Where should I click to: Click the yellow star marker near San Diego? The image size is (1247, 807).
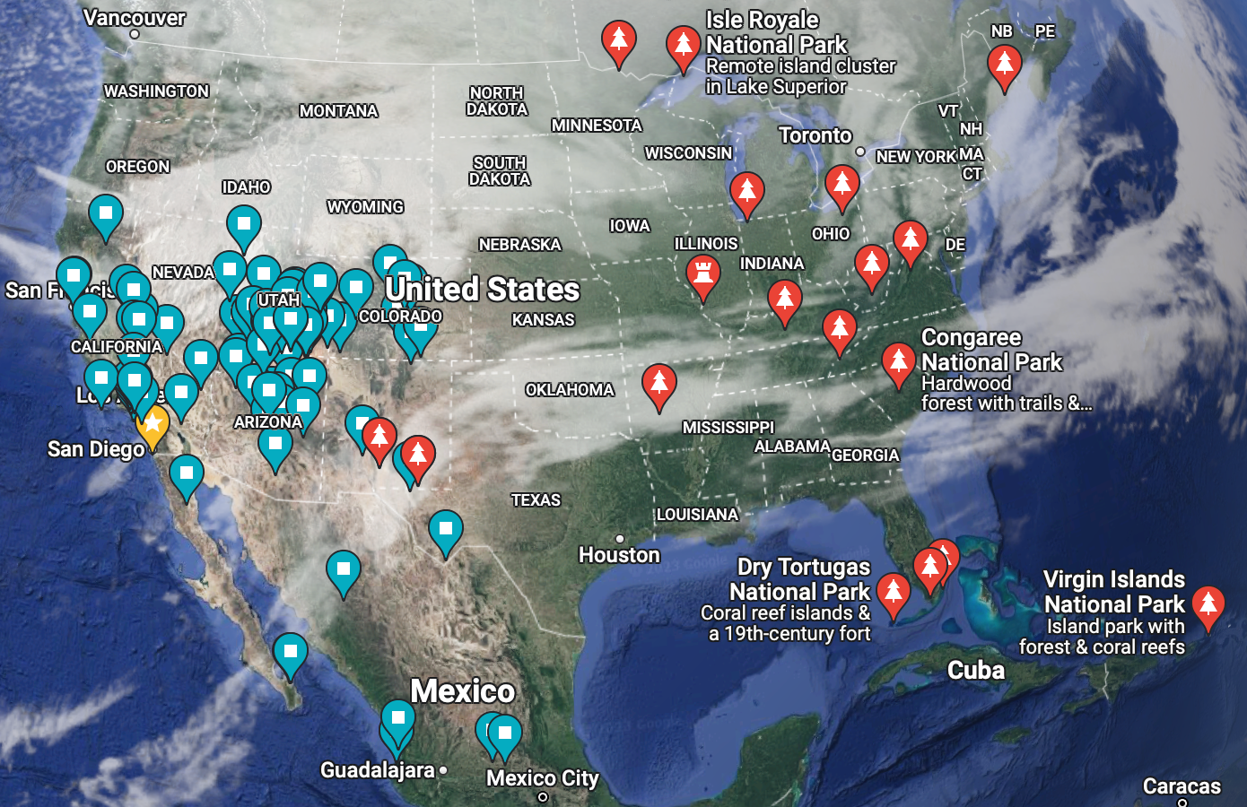pos(153,422)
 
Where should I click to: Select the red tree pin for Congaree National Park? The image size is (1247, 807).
pos(898,361)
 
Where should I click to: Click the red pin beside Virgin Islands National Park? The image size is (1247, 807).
pos(1208,604)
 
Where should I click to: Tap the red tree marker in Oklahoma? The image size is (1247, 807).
pos(659,383)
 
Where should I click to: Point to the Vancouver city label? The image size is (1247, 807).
pos(134,18)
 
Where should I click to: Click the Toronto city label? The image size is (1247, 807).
pos(815,135)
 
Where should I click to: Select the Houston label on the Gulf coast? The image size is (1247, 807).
pos(619,555)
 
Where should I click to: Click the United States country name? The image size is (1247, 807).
pos(482,290)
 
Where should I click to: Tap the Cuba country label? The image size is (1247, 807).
pos(976,671)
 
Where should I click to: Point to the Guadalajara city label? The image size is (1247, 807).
pos(378,770)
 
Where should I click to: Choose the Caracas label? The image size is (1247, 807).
pos(1182,786)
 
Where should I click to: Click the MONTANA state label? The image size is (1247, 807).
pos(338,111)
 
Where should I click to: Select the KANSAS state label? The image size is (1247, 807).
pos(543,320)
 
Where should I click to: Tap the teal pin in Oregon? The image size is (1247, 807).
pos(106,214)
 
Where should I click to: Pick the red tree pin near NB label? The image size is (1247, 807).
pos(1004,65)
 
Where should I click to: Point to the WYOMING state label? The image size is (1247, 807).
pos(365,207)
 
